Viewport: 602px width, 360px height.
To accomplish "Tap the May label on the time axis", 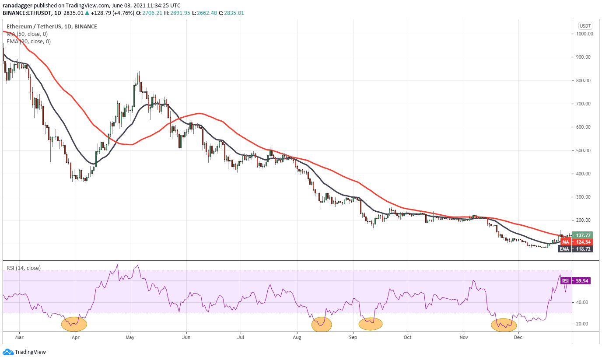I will tap(130, 338).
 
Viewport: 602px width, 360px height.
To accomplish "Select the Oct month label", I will tap(408, 338).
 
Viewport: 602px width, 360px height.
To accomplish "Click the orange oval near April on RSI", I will tap(74, 324).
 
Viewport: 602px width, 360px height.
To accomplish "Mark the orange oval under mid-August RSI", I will tap(322, 324).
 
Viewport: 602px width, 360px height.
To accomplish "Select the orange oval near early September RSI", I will tap(371, 324).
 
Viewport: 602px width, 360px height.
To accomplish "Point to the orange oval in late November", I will tap(504, 325).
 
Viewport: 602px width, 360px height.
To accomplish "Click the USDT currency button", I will tap(585, 25).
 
